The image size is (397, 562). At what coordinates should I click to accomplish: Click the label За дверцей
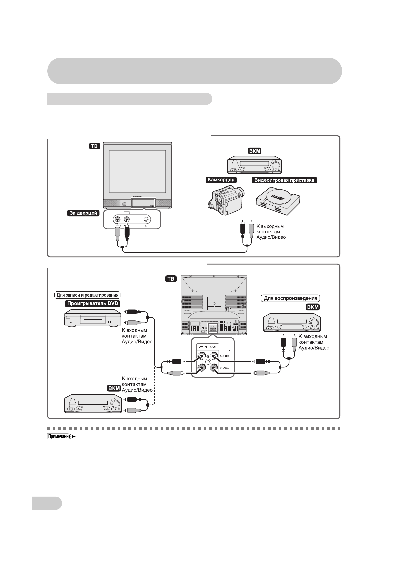tap(83, 213)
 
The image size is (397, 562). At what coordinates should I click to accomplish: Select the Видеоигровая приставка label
tap(284, 180)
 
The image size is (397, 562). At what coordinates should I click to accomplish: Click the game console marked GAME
tap(278, 200)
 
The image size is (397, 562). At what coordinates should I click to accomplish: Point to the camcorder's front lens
tap(219, 200)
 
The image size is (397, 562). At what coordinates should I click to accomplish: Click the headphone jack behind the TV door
tap(146, 219)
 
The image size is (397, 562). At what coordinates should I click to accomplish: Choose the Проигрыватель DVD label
tap(92, 303)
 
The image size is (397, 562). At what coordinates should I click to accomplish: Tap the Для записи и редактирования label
tap(88, 295)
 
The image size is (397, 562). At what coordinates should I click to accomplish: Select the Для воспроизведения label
tap(290, 298)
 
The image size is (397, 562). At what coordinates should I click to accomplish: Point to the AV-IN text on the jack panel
tap(203, 347)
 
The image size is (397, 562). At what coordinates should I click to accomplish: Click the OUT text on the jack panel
tap(213, 347)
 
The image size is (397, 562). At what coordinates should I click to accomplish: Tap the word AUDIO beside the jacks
tap(224, 356)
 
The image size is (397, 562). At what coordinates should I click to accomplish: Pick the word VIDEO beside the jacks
tap(224, 368)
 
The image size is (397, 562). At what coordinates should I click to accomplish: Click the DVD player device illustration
tap(92, 317)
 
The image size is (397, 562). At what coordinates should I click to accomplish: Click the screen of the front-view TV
tap(137, 172)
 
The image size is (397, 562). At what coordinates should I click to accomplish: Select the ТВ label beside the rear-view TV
tap(171, 279)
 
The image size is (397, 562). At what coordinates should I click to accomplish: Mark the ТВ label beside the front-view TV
tap(95, 146)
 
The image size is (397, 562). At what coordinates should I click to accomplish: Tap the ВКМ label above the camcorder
tap(255, 151)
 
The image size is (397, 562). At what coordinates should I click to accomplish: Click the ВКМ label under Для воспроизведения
tap(313, 307)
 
